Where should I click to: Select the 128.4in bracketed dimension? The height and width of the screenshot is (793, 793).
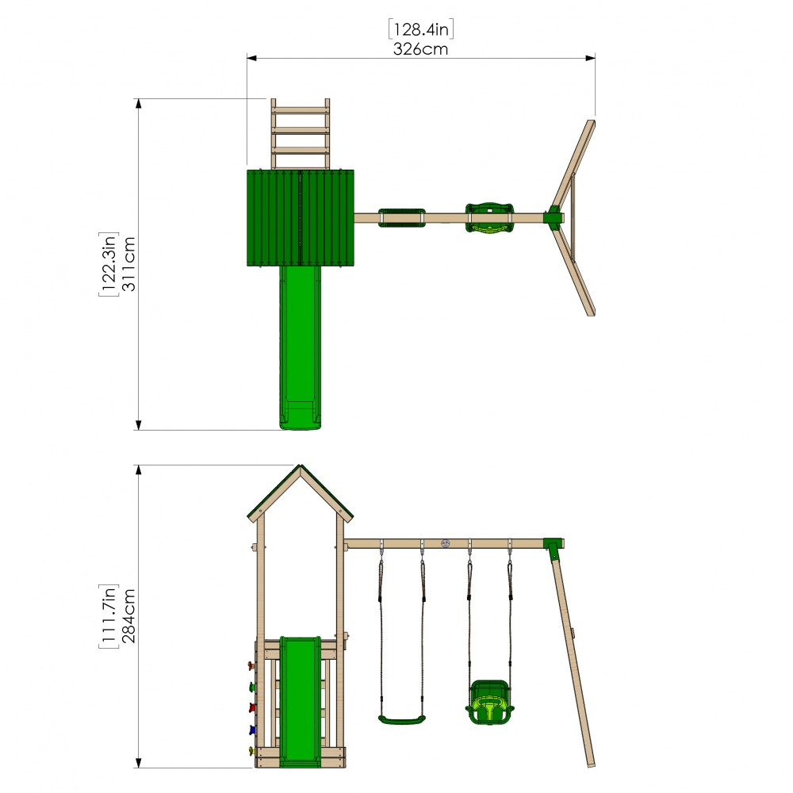420,29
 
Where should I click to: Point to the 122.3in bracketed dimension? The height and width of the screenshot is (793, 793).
109,264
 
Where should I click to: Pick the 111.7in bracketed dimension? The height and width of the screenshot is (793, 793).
109,615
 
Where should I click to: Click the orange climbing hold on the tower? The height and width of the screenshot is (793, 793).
252,665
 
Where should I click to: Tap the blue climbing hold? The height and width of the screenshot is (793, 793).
252,730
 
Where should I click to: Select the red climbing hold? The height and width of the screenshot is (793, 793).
252,707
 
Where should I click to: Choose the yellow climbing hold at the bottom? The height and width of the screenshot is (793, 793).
252,751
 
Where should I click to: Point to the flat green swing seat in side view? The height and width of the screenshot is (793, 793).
402,720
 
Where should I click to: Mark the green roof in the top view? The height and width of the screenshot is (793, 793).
301,218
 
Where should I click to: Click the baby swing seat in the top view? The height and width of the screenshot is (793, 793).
488,218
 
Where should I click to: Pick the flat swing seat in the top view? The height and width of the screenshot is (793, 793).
402,217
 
